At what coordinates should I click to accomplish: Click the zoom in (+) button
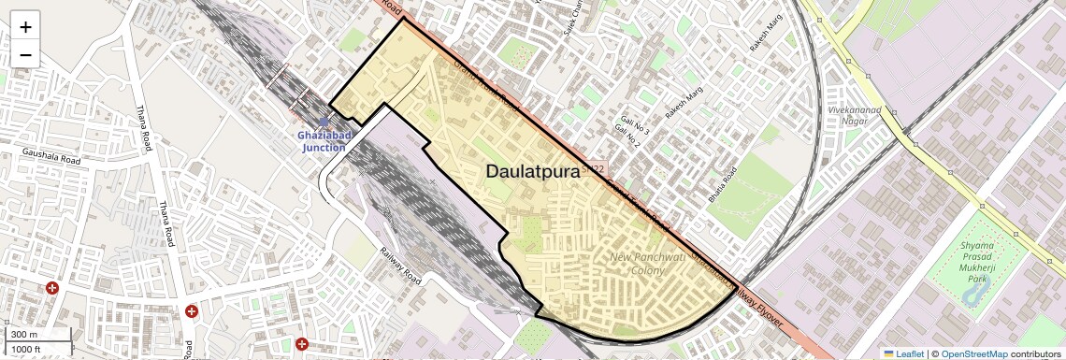(25, 27)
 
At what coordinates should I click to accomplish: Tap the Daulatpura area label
(533, 172)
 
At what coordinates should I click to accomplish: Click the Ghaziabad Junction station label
(324, 142)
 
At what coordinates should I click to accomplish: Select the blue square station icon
(324, 122)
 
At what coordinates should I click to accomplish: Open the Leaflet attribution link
(903, 353)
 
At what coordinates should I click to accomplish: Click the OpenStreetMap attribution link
(973, 353)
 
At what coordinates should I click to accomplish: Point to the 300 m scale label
(23, 334)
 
